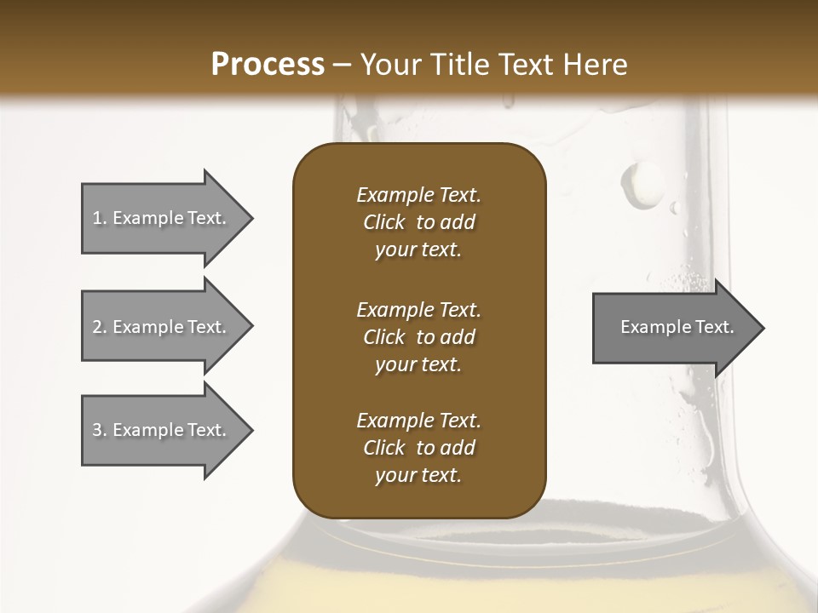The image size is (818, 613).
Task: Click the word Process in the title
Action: tap(268, 65)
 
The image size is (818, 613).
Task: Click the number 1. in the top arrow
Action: tap(100, 218)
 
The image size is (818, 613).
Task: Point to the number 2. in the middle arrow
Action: tap(100, 327)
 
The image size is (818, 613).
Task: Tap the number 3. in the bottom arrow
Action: tap(100, 430)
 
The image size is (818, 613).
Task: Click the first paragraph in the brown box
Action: tap(418, 222)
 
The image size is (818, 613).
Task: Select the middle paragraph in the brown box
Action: tap(418, 336)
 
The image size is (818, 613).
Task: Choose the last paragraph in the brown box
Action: tap(418, 448)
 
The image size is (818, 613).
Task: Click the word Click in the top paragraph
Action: tap(384, 222)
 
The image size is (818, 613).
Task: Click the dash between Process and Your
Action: tap(342, 66)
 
